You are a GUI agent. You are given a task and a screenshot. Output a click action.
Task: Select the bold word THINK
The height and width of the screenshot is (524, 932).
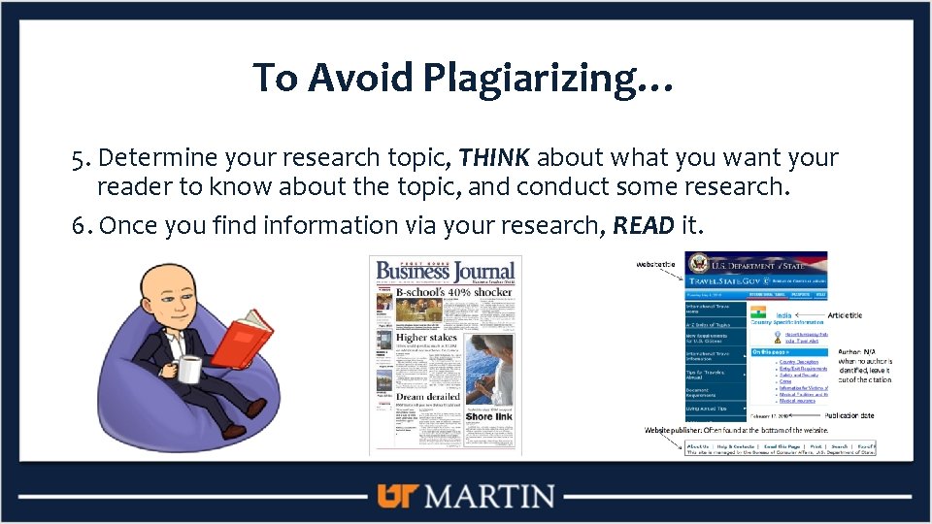(495, 158)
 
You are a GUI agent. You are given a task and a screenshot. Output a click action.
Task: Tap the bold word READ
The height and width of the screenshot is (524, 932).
(644, 226)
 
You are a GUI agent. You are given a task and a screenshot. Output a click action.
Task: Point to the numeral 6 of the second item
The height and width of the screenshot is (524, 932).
(78, 226)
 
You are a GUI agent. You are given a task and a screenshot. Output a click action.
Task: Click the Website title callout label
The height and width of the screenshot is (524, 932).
(657, 264)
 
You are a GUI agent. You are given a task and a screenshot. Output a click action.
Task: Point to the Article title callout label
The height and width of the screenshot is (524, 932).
(845, 315)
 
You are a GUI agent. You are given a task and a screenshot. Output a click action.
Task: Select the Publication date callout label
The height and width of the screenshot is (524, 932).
(849, 415)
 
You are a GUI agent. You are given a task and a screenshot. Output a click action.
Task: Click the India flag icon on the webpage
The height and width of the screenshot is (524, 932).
(757, 313)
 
